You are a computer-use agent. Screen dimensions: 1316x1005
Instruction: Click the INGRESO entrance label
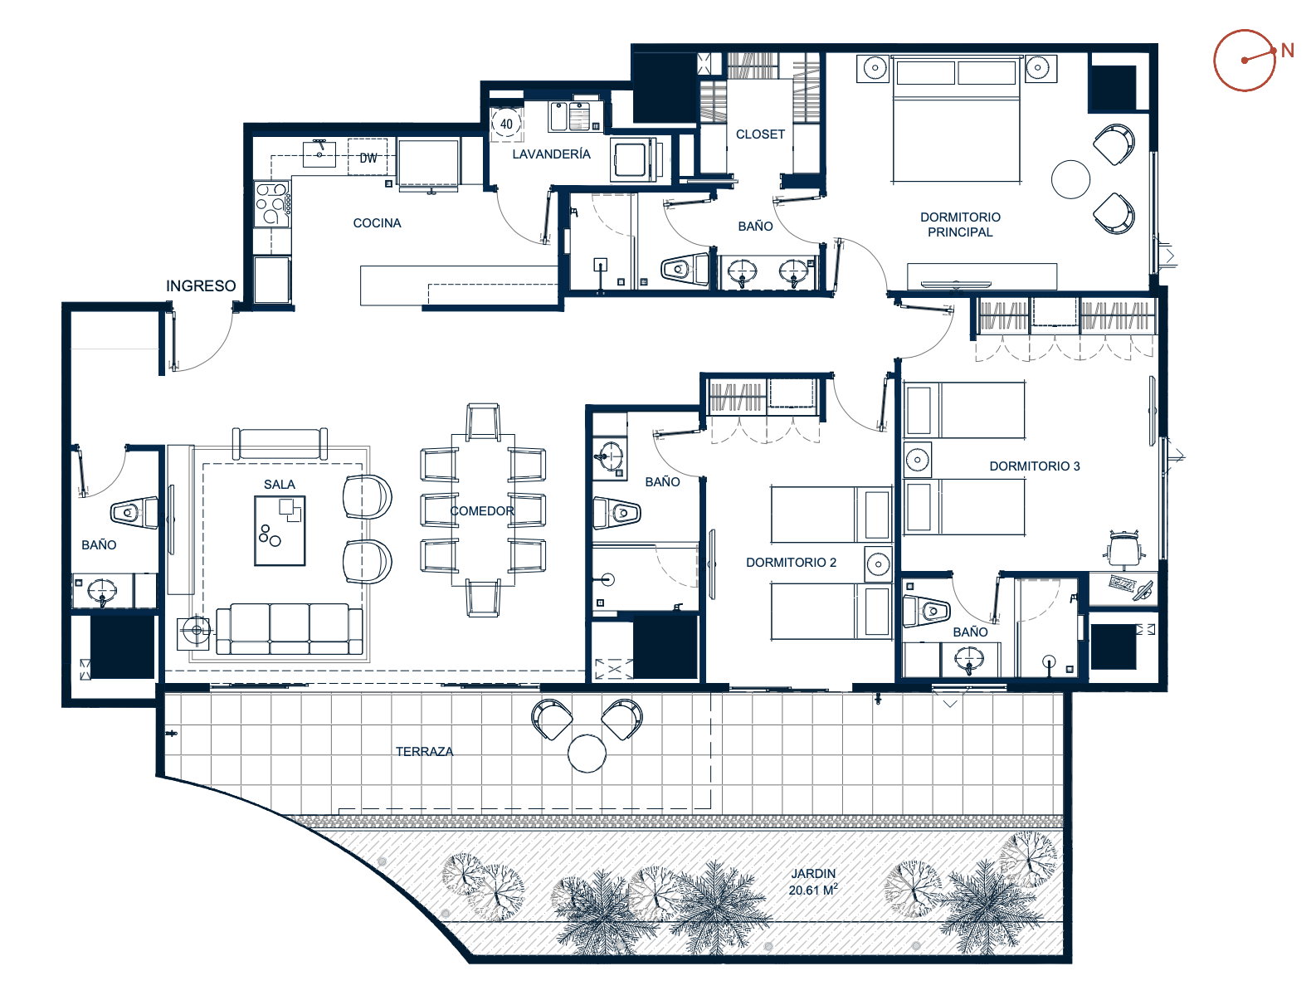coord(201,286)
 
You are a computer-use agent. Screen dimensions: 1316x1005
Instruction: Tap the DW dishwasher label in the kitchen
coord(368,159)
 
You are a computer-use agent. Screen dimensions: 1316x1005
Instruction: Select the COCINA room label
coord(377,223)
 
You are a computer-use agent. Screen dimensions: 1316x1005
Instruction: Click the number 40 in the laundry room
coord(507,124)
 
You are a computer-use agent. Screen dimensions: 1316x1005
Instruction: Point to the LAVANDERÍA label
coord(551,154)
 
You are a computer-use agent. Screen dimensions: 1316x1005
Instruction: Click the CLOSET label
coord(760,134)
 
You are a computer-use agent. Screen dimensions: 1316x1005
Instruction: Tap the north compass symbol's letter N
coord(1287,51)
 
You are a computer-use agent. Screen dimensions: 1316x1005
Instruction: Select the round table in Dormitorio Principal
coord(1070,179)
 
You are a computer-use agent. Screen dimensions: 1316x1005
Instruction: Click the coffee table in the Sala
coord(280,530)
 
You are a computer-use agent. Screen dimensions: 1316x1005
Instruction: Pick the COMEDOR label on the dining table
coord(482,511)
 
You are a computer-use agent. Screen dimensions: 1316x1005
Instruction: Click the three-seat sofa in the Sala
coord(289,628)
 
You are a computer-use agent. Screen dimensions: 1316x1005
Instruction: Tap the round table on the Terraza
coord(587,754)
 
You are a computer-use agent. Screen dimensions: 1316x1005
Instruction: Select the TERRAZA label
coord(424,751)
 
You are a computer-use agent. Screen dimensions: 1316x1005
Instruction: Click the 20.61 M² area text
coord(812,890)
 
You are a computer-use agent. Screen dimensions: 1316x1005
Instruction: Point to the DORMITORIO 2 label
coord(791,563)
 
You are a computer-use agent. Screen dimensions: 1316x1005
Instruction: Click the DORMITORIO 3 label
coord(1034,466)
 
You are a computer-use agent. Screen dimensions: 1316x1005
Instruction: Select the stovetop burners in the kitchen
coord(271,204)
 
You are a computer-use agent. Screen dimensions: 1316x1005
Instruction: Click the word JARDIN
coord(813,874)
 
